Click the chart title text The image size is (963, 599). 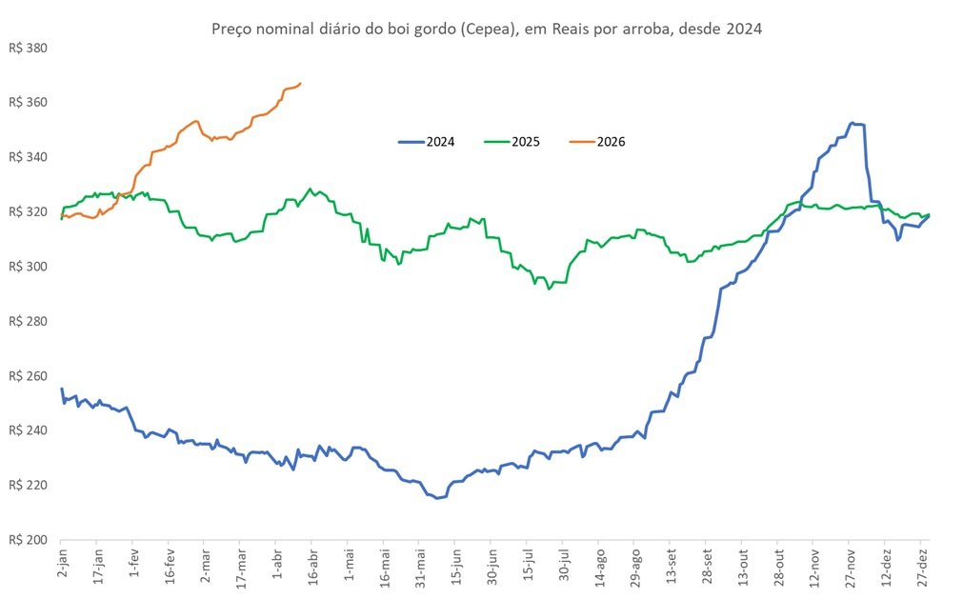tap(486, 29)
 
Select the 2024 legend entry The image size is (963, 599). tap(427, 142)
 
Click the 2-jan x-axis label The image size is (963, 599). tap(62, 569)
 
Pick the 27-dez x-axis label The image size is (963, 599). tap(921, 569)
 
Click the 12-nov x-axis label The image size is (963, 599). tap(813, 569)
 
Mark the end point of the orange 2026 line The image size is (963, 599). tap(300, 84)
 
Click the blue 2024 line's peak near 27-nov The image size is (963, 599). tap(853, 123)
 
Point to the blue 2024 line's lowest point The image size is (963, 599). tap(438, 498)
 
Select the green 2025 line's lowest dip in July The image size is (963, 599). tap(548, 288)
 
